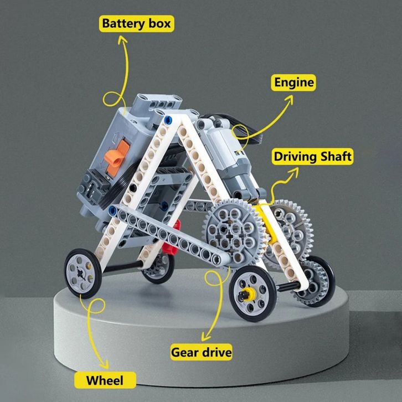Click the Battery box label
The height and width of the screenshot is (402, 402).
coord(136,24)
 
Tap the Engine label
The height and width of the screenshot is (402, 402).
coord(294,83)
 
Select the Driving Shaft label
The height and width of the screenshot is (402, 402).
coord(313,157)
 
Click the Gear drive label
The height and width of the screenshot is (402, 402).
coord(201,352)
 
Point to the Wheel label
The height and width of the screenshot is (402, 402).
coord(105,380)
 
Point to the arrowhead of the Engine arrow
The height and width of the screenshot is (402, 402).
coord(293,98)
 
